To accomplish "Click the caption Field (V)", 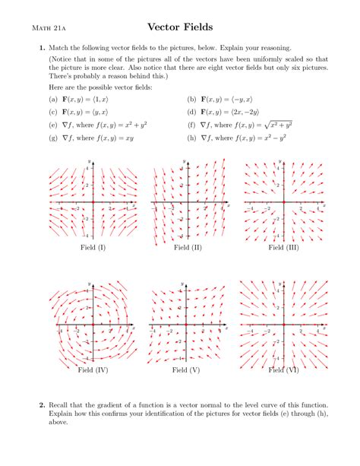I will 186,370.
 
